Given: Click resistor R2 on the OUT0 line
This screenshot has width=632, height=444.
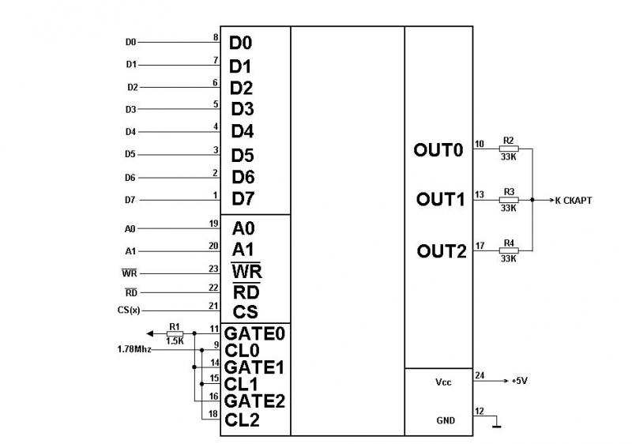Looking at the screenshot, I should [509, 148].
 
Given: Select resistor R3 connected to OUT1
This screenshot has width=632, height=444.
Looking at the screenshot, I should [509, 199].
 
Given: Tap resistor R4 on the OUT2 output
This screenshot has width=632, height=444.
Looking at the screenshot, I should [509, 250].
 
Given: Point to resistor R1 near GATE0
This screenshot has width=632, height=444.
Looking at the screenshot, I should [175, 334].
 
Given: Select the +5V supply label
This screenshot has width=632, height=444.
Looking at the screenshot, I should [518, 381].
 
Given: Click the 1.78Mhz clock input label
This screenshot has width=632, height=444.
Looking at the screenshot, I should [135, 348].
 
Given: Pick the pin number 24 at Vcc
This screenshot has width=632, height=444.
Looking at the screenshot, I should [480, 376].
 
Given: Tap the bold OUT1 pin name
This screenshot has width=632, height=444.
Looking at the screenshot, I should [440, 200].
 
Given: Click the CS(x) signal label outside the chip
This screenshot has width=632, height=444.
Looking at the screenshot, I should [128, 310].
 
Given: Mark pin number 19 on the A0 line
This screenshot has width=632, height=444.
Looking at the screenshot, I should [213, 224].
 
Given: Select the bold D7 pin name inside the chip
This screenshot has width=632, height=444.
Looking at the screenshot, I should [243, 197].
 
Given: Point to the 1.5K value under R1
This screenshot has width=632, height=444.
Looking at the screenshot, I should [175, 341].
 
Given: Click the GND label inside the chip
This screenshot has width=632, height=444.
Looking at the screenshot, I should [445, 420].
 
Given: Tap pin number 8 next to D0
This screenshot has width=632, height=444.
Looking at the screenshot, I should [216, 37].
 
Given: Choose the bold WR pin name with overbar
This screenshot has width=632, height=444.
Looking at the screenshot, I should [246, 271].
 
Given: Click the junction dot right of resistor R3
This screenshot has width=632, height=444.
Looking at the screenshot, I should [532, 200].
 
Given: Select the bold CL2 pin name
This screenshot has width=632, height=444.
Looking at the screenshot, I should [242, 420].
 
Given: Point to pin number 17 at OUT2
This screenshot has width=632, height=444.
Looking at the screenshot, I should [480, 246].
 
